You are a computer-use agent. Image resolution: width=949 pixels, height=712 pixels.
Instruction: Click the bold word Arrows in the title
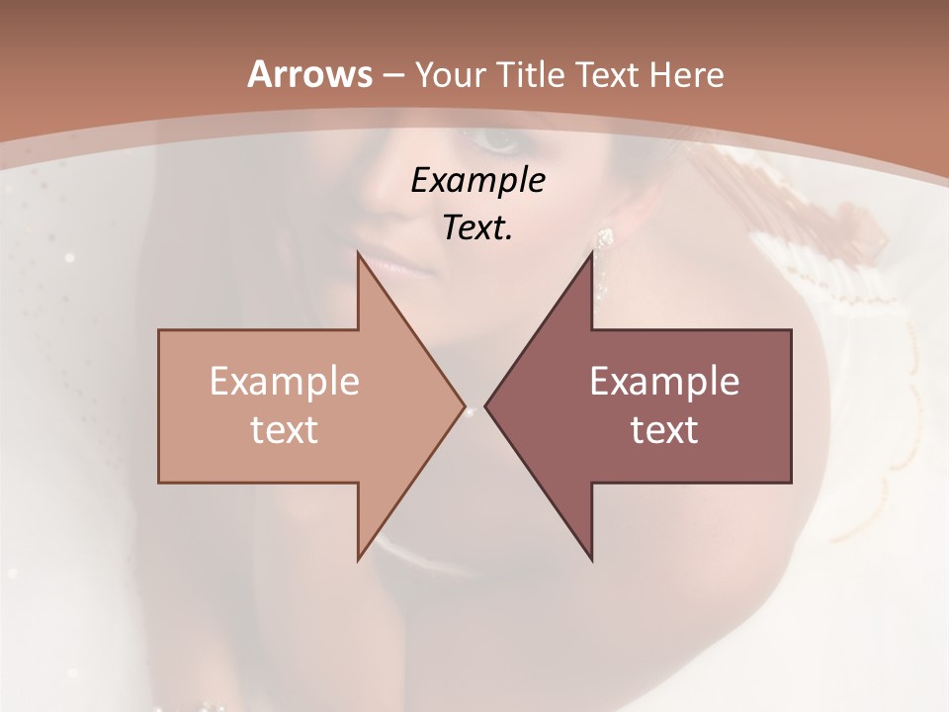tap(308, 74)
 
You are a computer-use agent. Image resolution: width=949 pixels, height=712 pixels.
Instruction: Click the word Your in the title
tap(452, 74)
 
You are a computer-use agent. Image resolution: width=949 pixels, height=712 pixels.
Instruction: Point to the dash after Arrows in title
tap(391, 75)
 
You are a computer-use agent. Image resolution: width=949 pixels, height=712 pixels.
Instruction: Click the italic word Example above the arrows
tap(477, 180)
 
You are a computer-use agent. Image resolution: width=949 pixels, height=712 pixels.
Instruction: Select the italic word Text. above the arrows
tap(477, 227)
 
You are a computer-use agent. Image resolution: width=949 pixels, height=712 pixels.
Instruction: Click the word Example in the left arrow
tap(285, 382)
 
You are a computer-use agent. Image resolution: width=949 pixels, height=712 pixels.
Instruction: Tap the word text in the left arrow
tap(285, 429)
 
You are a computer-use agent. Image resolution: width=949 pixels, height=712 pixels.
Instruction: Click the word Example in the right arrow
tap(664, 382)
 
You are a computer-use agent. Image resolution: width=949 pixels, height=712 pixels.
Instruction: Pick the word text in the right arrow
tap(664, 429)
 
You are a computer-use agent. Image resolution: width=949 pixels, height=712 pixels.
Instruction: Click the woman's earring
tap(604, 240)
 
